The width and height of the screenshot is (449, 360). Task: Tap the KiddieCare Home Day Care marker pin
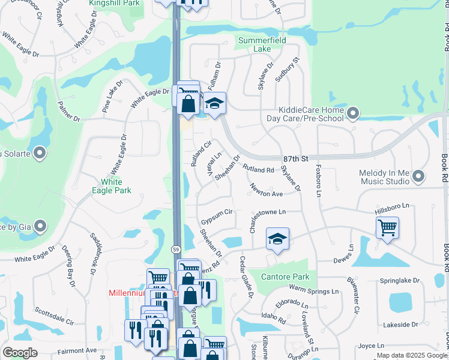point(353,112)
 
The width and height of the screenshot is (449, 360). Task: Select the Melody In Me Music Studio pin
point(419,176)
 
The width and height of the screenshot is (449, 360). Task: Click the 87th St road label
point(296,158)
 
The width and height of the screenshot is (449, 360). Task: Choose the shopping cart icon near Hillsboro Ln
point(388,227)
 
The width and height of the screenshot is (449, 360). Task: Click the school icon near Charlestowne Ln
point(277,238)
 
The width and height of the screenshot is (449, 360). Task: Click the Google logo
point(20,353)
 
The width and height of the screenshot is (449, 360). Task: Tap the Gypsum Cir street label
point(217,212)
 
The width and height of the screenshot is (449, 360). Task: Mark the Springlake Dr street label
point(399,280)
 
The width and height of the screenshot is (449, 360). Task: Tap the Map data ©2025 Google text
point(411,355)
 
